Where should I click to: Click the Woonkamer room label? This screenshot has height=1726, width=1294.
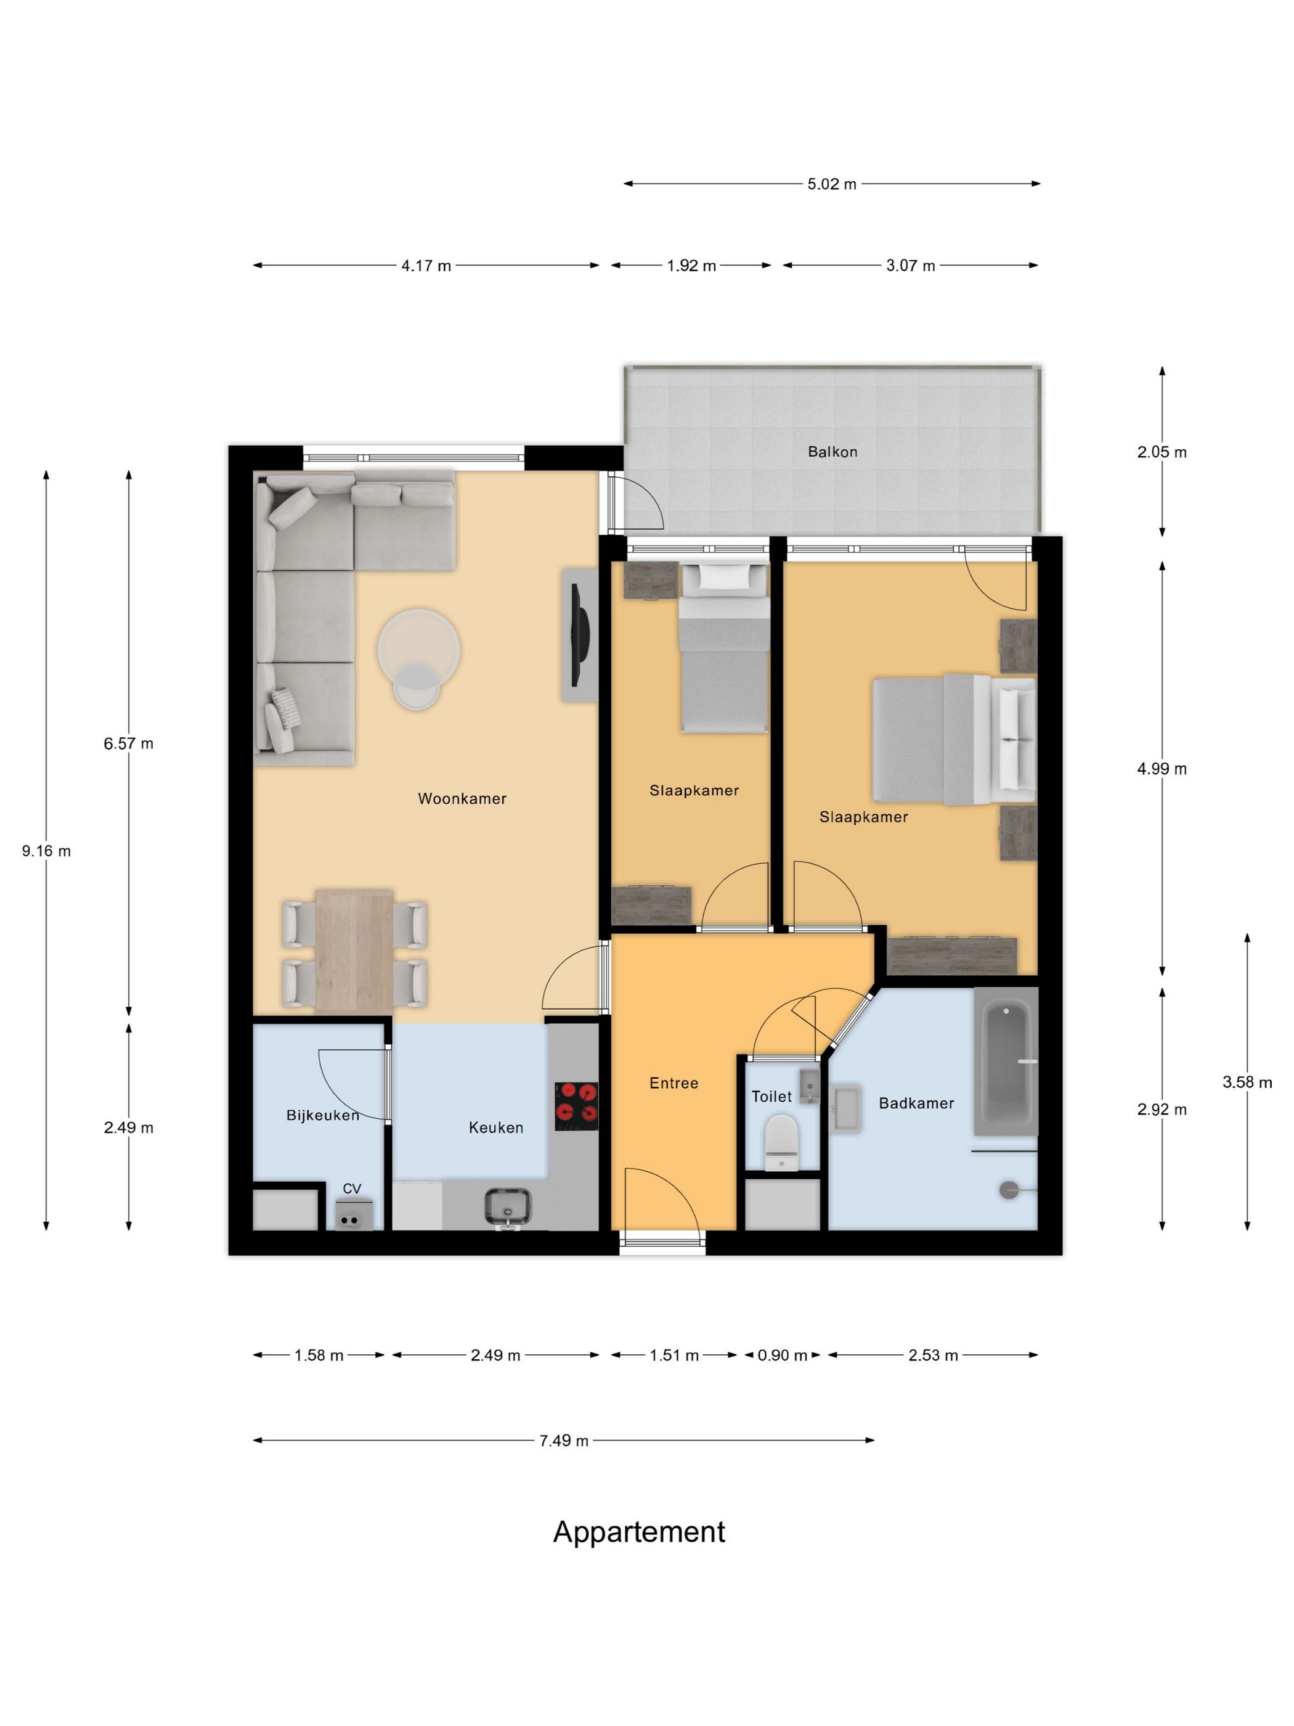tap(462, 798)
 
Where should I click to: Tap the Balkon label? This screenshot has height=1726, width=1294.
tap(832, 452)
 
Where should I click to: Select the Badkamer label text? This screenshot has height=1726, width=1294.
tap(916, 1103)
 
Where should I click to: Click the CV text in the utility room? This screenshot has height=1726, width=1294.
tap(352, 1188)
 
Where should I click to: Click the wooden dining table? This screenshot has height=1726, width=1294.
tap(354, 950)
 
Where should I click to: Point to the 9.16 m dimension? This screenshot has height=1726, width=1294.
tap(46, 851)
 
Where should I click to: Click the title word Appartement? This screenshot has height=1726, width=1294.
tap(639, 1532)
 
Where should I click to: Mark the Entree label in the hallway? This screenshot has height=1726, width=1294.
tap(673, 1083)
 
